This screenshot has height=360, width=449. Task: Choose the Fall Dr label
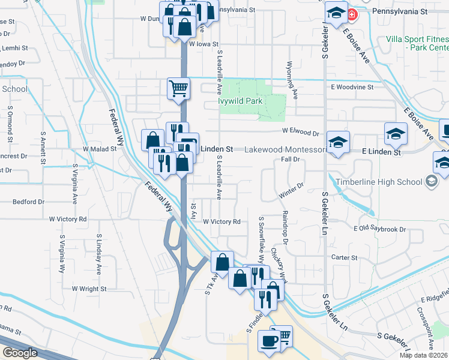coord(290,160)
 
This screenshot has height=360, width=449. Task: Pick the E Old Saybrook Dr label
coord(380,229)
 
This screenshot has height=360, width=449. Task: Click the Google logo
coord(20,353)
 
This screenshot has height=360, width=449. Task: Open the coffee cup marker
coord(268,340)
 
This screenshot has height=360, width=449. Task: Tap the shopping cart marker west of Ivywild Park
coord(178,88)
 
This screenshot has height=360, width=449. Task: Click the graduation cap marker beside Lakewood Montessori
coord(339,142)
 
